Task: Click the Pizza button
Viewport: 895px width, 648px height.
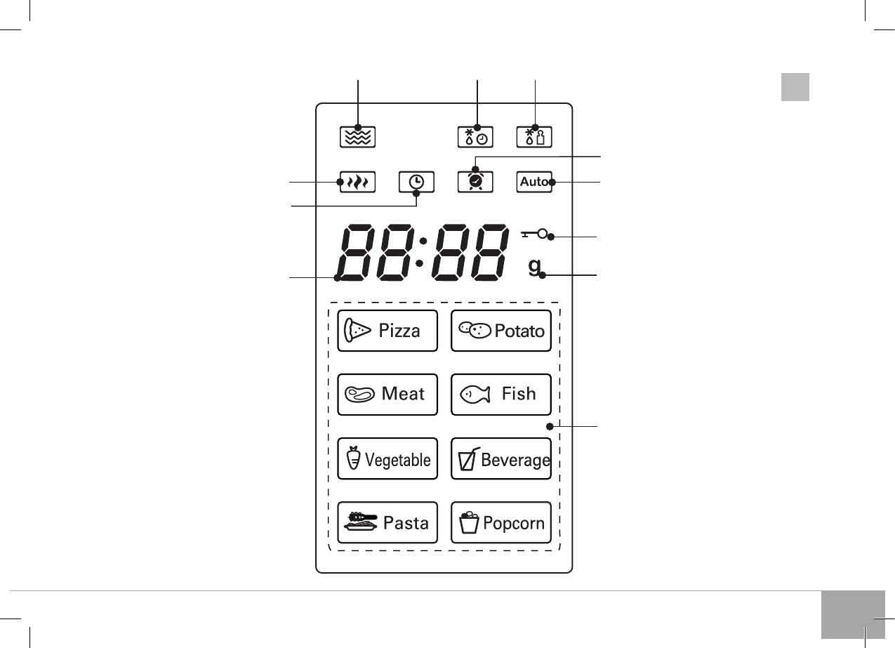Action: click(387, 330)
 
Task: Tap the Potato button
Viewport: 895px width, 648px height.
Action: click(500, 330)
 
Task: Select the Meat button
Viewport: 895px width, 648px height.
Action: click(387, 395)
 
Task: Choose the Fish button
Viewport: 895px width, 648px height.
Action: click(500, 395)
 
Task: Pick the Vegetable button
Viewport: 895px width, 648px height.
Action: click(387, 459)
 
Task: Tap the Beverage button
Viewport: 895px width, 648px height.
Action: click(500, 459)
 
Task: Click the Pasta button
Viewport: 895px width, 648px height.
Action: click(387, 523)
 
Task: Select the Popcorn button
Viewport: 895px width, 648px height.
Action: click(500, 523)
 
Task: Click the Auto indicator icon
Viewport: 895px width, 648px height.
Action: click(534, 182)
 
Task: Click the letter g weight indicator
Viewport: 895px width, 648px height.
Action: click(535, 267)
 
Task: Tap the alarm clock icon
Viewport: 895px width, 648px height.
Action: click(475, 181)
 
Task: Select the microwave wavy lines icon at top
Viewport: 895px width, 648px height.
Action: click(358, 136)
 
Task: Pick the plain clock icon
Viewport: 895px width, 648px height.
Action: click(416, 182)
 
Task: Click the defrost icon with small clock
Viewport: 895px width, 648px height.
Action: click(475, 136)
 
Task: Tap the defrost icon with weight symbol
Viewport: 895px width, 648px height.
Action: click(534, 136)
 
